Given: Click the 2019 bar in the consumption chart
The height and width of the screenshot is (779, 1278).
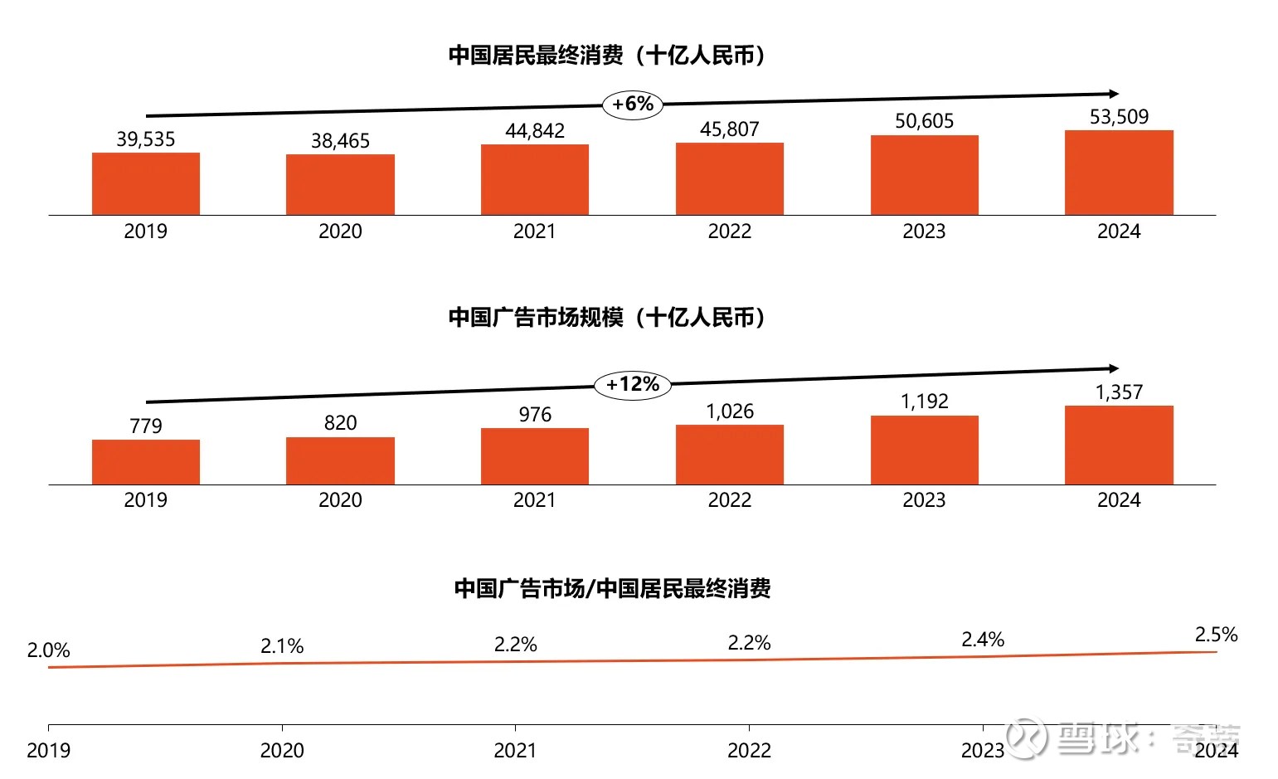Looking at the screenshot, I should pos(146,183).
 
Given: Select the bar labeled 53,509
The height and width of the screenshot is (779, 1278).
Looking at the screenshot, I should pos(1119,173).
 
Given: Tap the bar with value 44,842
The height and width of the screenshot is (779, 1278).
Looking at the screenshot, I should pos(535,179).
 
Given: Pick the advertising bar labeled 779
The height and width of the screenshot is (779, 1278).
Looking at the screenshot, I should pos(146,462).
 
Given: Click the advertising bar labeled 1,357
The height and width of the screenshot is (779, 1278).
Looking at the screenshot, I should pos(1119,445).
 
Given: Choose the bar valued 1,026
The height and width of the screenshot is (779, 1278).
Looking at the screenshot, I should pos(730,455).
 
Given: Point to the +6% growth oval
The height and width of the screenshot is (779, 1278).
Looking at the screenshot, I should pos(633,105).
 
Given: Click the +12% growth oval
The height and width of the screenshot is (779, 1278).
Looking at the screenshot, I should pos(633,385).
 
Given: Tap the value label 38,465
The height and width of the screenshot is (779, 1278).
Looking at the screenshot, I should pos(340,141).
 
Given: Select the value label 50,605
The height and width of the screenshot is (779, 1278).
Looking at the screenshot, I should pos(924,121).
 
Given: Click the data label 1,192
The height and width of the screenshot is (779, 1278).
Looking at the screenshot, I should pos(924,402).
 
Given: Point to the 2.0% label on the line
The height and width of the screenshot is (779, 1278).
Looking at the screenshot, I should pos(48,650).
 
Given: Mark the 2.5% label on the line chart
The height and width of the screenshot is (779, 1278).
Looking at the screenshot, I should pos(1216,635).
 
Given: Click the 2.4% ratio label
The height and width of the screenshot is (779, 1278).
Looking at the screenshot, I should pos(983,640).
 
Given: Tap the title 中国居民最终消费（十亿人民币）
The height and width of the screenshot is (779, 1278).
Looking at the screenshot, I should pos(606,56).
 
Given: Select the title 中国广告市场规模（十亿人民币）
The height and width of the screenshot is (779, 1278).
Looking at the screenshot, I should pos(606,318).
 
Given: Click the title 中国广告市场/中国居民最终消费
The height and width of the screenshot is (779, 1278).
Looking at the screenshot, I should pos(612,588).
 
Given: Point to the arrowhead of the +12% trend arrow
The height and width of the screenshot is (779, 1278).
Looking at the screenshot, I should pos(1114,368).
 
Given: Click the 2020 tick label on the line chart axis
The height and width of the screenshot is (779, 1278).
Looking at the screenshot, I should pos(282,751).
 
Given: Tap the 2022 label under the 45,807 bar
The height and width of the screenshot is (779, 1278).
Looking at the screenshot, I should pos(730,231).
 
